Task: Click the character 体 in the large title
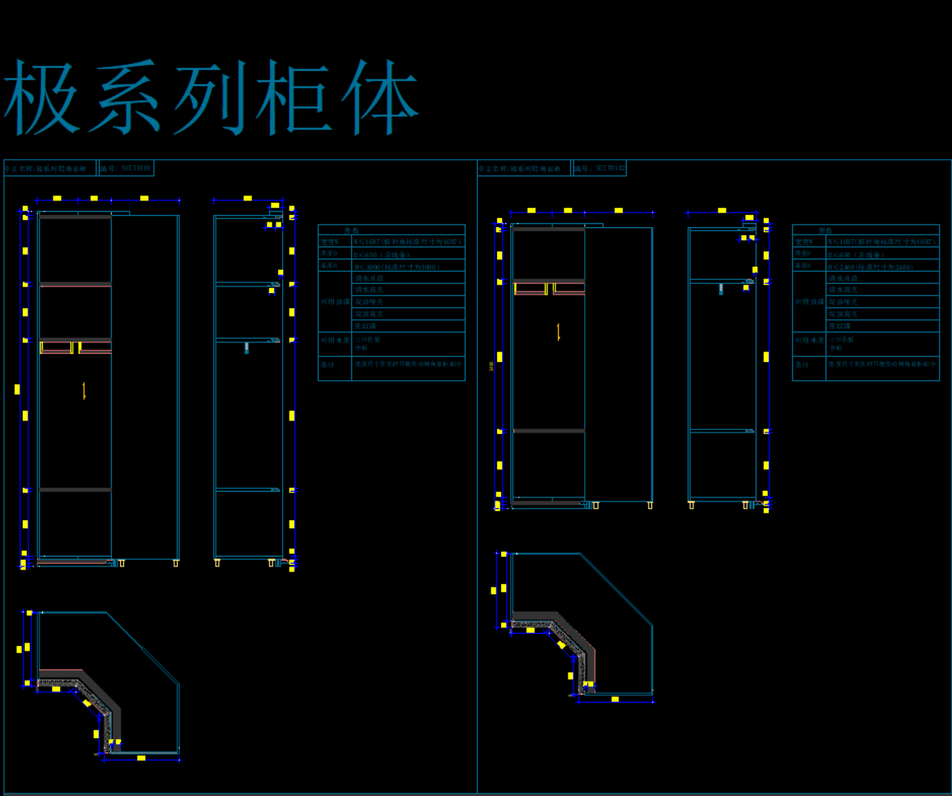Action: click(x=379, y=97)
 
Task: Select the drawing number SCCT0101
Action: click(x=136, y=168)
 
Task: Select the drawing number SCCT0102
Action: click(x=610, y=168)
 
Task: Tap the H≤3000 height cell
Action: click(x=408, y=266)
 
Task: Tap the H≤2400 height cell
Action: click(x=882, y=266)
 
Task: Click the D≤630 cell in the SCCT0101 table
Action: click(x=408, y=254)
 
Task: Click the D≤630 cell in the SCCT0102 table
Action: click(x=882, y=254)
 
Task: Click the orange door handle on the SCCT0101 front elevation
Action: click(x=84, y=390)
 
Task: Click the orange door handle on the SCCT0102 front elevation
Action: click(x=559, y=331)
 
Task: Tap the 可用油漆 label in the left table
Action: click(x=334, y=301)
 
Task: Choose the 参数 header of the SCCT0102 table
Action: click(x=865, y=230)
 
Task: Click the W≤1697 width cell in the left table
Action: click(x=408, y=242)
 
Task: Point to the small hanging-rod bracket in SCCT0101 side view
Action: click(x=247, y=347)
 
